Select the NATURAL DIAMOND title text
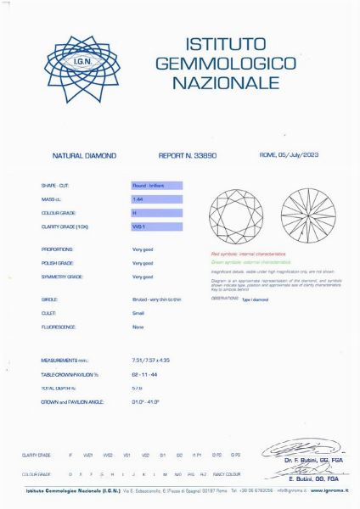click(84, 156)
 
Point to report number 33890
click(187, 156)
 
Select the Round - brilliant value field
click(156, 184)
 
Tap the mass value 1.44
click(156, 199)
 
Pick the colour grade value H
click(156, 213)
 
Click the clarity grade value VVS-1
click(156, 227)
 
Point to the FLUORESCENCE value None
click(138, 327)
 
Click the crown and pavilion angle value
click(149, 400)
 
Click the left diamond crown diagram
click(237, 215)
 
